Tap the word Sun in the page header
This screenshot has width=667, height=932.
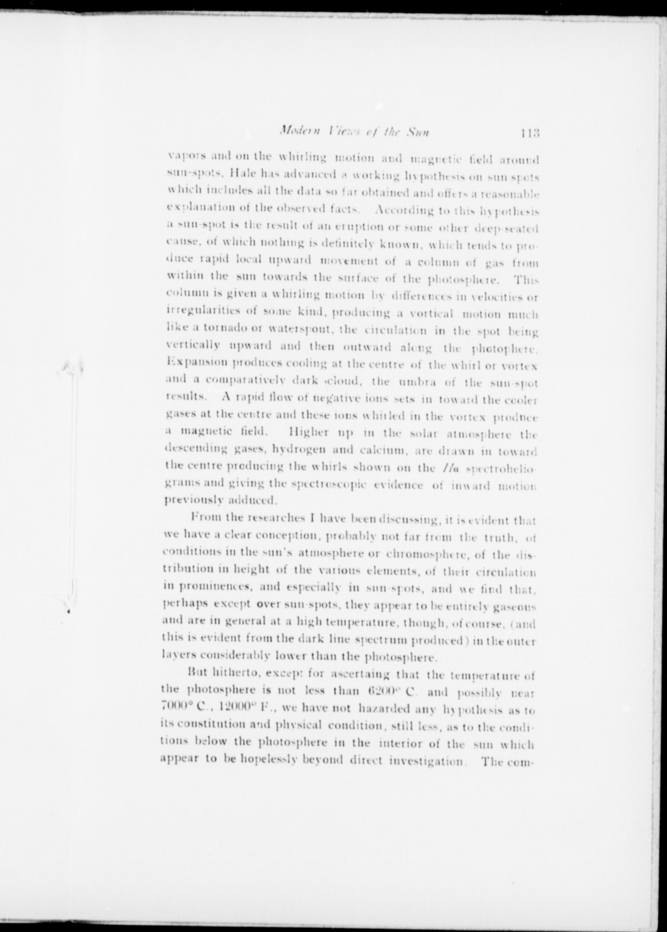tap(418, 133)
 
